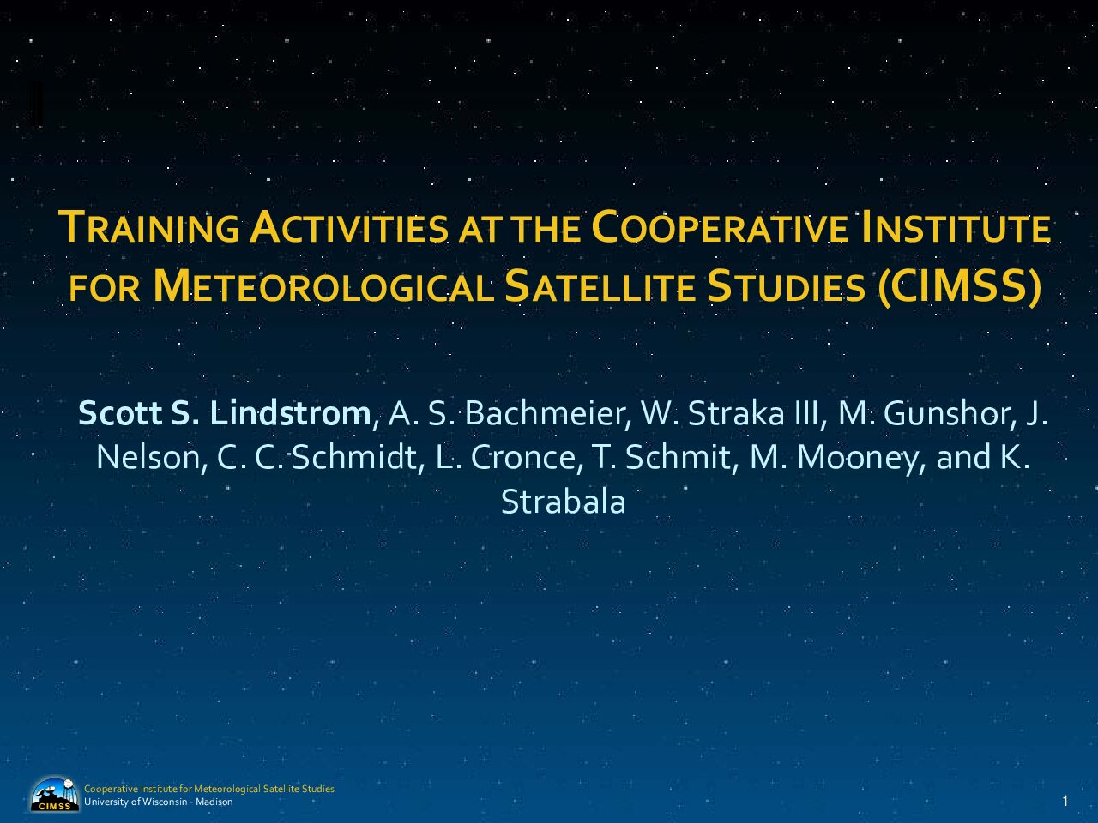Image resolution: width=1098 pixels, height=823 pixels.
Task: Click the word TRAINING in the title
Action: tap(149, 227)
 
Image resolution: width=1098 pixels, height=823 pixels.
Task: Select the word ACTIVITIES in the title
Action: tap(348, 227)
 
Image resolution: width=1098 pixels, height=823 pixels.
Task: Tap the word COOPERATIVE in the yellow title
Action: tap(720, 227)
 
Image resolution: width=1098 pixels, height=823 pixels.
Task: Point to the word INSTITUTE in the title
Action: tap(954, 227)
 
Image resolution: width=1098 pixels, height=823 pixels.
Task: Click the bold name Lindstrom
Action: tap(290, 413)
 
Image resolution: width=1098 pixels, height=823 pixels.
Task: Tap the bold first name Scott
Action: tap(120, 413)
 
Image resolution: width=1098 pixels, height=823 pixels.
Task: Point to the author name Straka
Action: tap(736, 413)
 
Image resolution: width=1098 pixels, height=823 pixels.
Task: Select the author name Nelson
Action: tap(148, 457)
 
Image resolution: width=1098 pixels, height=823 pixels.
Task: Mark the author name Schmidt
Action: tap(354, 457)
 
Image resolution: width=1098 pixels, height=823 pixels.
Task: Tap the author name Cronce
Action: tap(523, 457)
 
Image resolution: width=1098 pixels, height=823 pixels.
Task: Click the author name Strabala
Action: tap(564, 502)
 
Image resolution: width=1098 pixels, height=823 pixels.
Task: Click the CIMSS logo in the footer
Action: tap(55, 794)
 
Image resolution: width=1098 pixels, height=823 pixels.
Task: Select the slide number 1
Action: tap(1065, 801)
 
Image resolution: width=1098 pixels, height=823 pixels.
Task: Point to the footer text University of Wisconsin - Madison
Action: tap(158, 802)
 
